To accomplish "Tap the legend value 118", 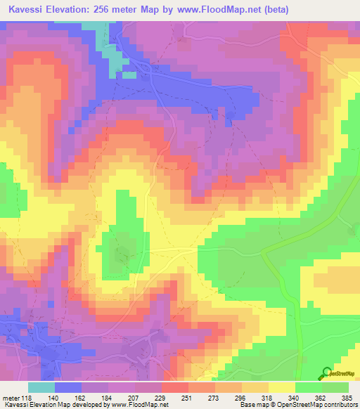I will click(27, 397).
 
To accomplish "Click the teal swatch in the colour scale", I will click(41, 387).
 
